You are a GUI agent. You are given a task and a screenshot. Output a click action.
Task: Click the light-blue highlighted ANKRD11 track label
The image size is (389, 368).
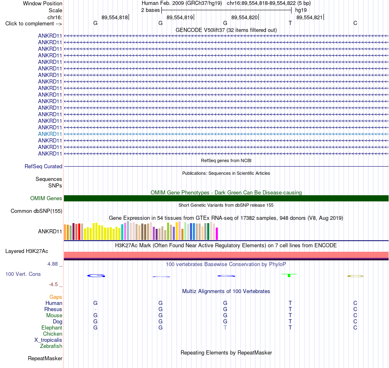point(50,134)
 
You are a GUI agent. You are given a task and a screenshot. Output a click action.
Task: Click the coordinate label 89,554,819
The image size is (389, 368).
point(180,17)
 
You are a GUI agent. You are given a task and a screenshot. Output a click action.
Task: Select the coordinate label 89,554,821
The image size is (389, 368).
point(310,17)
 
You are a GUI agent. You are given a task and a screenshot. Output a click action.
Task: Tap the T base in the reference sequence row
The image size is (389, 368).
point(290,23)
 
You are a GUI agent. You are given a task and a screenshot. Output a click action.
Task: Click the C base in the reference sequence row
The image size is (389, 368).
point(355,23)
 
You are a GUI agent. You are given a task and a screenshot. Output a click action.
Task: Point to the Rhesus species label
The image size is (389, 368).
point(53,309)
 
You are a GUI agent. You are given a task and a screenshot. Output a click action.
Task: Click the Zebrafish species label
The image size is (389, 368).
point(51,346)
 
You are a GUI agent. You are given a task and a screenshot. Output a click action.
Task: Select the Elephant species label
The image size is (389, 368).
point(52,327)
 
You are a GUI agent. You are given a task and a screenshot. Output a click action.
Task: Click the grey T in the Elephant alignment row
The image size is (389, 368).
point(225,327)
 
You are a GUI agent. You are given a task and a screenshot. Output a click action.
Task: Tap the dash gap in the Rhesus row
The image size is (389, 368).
point(95,309)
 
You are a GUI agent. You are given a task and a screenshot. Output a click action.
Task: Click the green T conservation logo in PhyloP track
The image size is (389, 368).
point(289,275)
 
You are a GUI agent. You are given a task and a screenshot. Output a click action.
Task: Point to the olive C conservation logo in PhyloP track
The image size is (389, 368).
point(355,276)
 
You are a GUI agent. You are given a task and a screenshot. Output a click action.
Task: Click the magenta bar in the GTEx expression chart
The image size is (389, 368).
point(217,234)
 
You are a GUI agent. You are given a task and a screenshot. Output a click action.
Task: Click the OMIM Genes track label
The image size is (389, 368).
point(46,198)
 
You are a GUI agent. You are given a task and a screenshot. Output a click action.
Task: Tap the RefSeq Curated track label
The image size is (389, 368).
point(43,166)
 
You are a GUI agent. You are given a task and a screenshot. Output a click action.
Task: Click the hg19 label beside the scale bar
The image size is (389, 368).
point(301,10)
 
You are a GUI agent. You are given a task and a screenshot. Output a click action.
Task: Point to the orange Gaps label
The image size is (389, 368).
point(56,297)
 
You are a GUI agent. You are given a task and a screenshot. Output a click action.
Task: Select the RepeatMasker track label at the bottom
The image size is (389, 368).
point(45,358)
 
